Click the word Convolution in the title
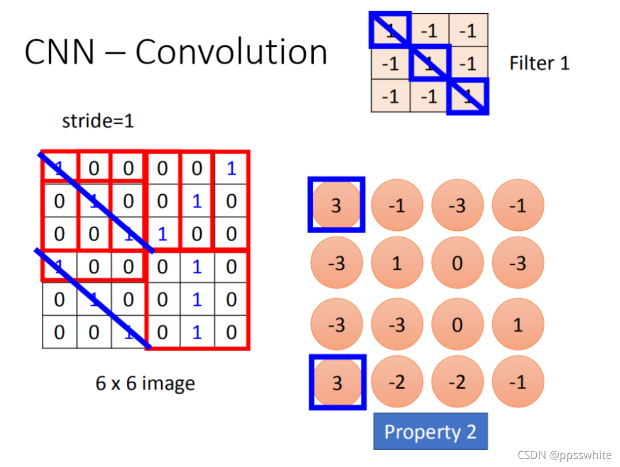click(x=231, y=52)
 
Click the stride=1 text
click(x=98, y=121)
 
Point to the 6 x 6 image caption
click(x=145, y=383)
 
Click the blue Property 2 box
click(x=430, y=431)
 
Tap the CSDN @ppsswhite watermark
click(x=564, y=456)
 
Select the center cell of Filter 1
click(x=430, y=64)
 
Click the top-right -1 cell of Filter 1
click(x=469, y=30)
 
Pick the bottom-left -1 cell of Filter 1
click(x=391, y=96)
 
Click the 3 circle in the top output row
click(x=337, y=205)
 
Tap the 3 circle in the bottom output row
click(x=337, y=382)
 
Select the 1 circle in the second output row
click(x=397, y=264)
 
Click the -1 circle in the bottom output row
click(x=518, y=382)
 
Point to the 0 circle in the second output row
click(x=457, y=264)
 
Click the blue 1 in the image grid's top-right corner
click(x=231, y=168)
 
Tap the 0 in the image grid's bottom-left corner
click(x=60, y=332)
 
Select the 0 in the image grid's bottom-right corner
click(x=231, y=332)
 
